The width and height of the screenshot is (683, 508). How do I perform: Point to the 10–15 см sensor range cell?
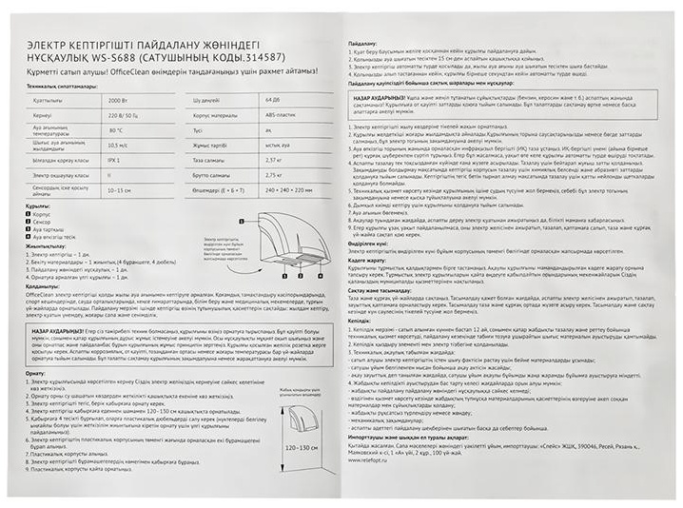(119, 190)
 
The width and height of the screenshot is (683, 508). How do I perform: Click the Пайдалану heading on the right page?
(363, 44)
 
